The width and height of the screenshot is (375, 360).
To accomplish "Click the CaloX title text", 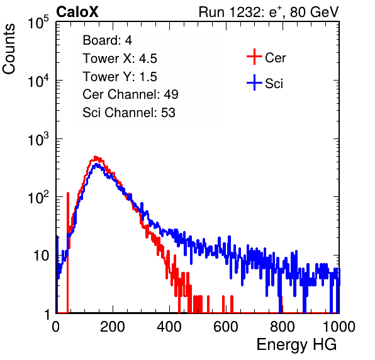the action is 77,12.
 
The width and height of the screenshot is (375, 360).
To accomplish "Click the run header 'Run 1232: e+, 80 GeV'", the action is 269,12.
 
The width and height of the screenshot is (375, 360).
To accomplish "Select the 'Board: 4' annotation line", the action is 107,40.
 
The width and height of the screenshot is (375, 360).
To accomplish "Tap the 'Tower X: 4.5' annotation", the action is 120,59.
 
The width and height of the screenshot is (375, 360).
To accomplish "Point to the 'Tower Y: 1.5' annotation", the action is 120,77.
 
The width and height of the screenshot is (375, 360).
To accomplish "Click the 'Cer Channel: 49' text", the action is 130,94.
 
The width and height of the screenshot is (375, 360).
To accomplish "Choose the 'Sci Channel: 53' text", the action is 129,113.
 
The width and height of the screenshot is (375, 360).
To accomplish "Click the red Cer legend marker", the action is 254,57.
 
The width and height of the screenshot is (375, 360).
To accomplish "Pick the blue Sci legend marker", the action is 254,83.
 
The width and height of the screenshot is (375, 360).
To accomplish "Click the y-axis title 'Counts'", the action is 9,49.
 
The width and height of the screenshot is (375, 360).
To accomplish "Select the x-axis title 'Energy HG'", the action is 296,344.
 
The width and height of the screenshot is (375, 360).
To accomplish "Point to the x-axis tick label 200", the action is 113,327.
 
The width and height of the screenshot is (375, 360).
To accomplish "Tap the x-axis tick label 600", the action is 226,327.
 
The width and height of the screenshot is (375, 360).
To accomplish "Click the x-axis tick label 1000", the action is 339,327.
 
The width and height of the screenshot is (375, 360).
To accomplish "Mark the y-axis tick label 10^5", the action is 38,22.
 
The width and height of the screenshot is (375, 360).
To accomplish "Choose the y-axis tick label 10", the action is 42,256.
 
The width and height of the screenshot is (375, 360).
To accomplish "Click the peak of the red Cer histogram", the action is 96,157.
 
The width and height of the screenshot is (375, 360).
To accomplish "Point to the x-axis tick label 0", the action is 56,327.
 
